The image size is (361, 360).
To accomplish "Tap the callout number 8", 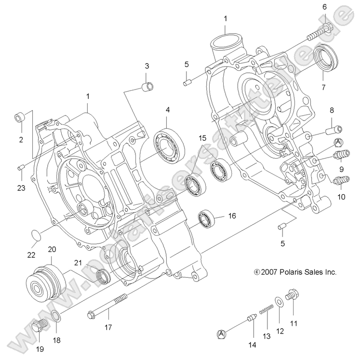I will point(332,110).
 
